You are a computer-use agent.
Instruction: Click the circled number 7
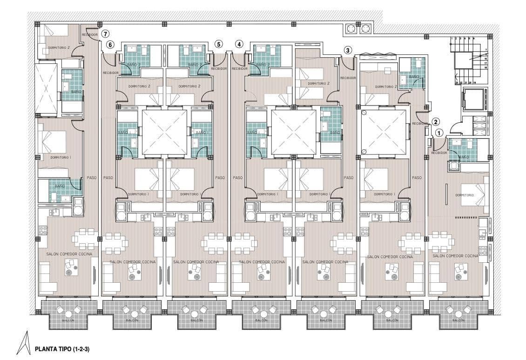[106, 34]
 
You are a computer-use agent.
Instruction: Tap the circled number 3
[348, 50]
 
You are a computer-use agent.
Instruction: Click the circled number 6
[110, 45]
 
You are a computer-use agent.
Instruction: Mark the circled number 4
[239, 44]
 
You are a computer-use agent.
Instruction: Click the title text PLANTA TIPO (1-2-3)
[62, 348]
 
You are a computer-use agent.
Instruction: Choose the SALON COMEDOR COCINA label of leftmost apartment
[69, 254]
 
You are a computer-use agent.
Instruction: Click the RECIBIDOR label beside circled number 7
[90, 34]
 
